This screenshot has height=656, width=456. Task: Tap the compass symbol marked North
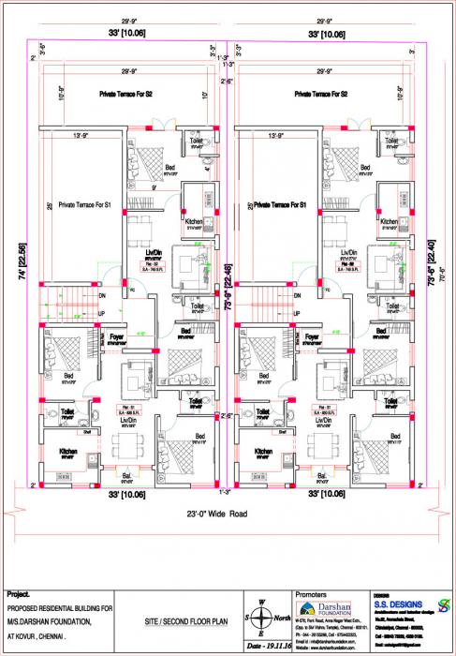266,618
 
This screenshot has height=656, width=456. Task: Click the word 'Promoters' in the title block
313,594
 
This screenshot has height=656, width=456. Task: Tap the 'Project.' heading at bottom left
19,594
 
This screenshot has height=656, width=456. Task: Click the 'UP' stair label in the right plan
299,313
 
